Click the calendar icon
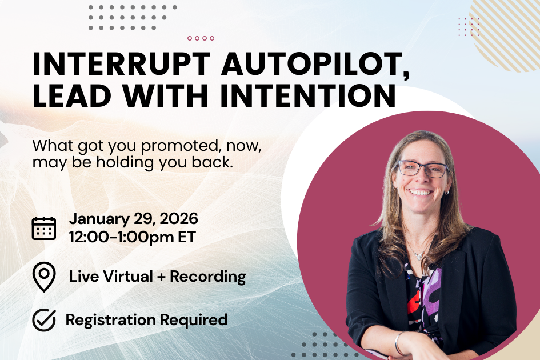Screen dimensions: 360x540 [44, 227]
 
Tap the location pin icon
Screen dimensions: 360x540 [44, 277]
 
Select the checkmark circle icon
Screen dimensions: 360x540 [44, 320]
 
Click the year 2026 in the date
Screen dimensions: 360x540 [178, 218]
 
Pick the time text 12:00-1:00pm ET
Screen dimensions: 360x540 [132, 237]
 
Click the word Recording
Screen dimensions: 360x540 [208, 277]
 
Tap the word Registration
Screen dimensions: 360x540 [111, 320]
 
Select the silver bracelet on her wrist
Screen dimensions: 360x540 [399, 343]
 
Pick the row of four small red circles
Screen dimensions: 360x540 [201, 38]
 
